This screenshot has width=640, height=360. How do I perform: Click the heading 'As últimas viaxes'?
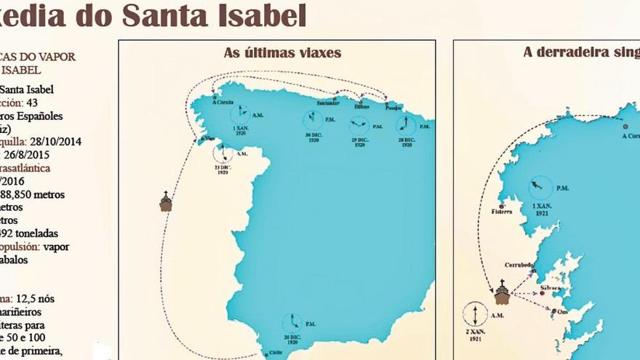[283, 52]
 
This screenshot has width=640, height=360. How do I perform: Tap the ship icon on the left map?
[166, 202]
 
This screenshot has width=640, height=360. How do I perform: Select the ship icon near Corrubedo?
[502, 292]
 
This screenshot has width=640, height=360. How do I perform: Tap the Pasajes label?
[392, 107]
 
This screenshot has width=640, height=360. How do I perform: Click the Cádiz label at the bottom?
[275, 353]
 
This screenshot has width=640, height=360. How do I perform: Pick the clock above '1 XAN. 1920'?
[240, 113]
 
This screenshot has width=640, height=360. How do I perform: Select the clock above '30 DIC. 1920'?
[313, 120]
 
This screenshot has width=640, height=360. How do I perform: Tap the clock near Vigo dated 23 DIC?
[223, 153]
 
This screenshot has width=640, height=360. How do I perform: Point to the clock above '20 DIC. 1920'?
[292, 322]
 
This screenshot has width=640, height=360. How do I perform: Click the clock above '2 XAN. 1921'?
[474, 313]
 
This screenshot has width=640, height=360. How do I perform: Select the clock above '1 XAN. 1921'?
[540, 188]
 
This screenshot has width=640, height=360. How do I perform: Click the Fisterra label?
[502, 212]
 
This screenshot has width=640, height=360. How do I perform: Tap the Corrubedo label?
[519, 265]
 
